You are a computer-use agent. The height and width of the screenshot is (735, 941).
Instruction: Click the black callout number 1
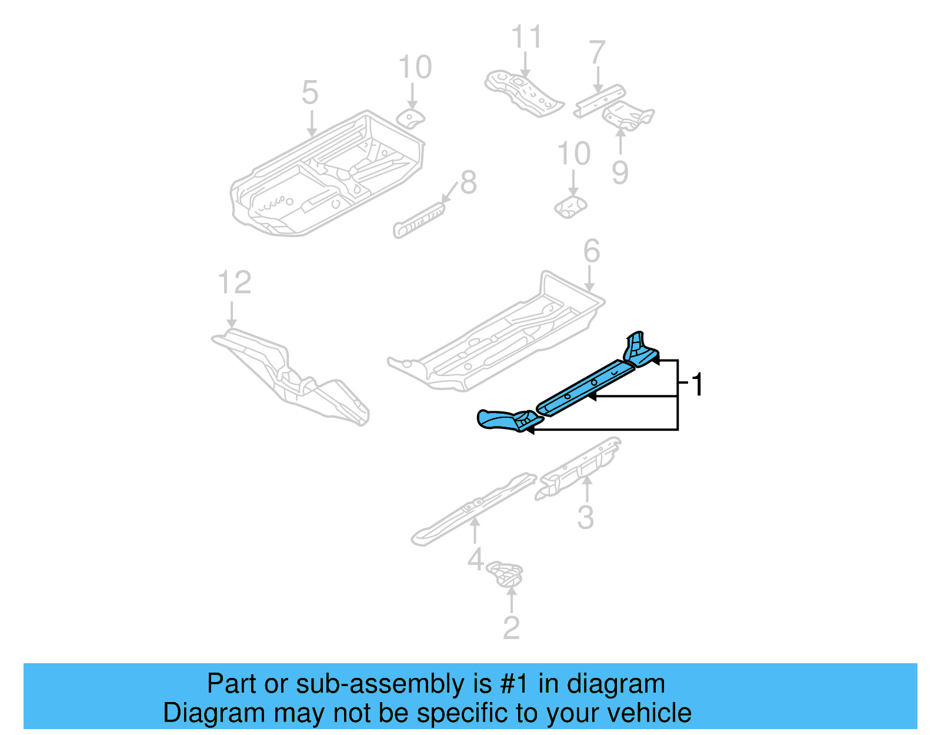click(698, 385)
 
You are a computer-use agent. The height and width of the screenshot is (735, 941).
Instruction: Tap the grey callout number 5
click(310, 93)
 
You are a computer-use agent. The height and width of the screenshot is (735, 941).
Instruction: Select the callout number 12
click(234, 282)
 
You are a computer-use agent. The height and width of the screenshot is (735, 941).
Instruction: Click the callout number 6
click(591, 251)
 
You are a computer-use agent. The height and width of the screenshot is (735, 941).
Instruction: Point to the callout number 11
click(526, 37)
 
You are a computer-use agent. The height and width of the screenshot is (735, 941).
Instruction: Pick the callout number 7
click(597, 53)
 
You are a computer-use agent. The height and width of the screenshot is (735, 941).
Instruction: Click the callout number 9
click(620, 172)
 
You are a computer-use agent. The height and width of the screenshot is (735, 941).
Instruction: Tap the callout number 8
click(468, 182)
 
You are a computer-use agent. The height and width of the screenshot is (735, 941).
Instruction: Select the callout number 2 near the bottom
click(511, 628)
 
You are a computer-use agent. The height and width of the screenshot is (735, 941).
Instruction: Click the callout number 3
click(585, 517)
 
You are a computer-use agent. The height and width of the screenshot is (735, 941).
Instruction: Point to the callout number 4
click(475, 559)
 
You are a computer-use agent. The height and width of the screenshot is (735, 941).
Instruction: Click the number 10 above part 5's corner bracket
click(415, 67)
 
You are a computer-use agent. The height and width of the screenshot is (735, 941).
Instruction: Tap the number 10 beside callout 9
click(573, 154)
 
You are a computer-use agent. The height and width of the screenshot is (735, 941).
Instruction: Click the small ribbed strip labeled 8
click(419, 219)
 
